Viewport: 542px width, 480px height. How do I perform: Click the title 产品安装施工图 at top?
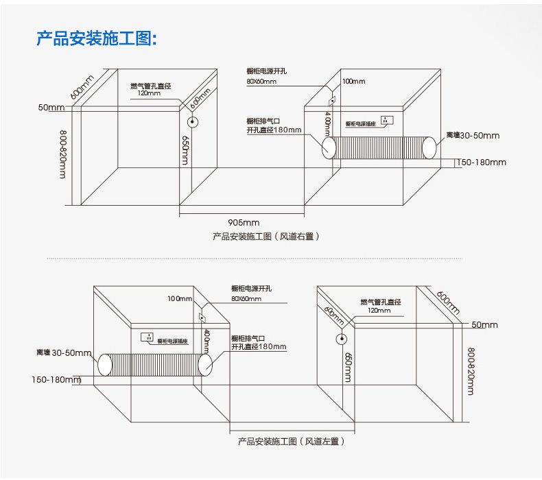[x=97, y=38]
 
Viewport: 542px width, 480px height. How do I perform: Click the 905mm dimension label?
[x=244, y=221]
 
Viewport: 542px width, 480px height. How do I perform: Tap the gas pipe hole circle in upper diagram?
[x=193, y=123]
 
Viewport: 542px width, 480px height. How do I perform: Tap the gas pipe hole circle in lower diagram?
[x=340, y=339]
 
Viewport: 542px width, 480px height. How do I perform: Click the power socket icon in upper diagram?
[x=386, y=121]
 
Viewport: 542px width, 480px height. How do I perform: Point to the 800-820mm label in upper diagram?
[x=62, y=154]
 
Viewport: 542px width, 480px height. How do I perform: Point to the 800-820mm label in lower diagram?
[x=471, y=371]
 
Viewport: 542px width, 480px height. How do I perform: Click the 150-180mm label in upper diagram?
[x=481, y=163]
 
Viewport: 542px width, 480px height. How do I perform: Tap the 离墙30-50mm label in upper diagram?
[x=473, y=136]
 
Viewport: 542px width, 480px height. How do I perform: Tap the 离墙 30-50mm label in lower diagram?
[x=64, y=353]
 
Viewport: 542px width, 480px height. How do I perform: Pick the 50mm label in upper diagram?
[x=51, y=108]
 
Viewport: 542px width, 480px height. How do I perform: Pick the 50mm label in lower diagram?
[x=484, y=324]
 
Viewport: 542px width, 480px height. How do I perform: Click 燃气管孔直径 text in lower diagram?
[x=380, y=302]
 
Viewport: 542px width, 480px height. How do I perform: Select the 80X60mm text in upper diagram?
[x=261, y=82]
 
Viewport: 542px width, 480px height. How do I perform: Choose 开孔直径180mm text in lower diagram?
[x=258, y=347]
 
